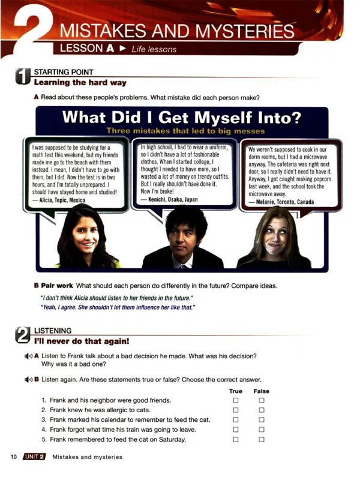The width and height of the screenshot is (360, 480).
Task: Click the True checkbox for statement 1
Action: tap(236, 400)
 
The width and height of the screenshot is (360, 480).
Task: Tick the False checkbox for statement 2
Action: tap(262, 410)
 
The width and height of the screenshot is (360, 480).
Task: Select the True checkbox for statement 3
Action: tap(236, 420)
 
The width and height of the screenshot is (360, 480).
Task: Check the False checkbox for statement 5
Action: tap(262, 440)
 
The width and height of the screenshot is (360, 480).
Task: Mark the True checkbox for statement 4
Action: tap(236, 430)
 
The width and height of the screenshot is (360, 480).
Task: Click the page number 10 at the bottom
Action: tap(13, 457)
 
